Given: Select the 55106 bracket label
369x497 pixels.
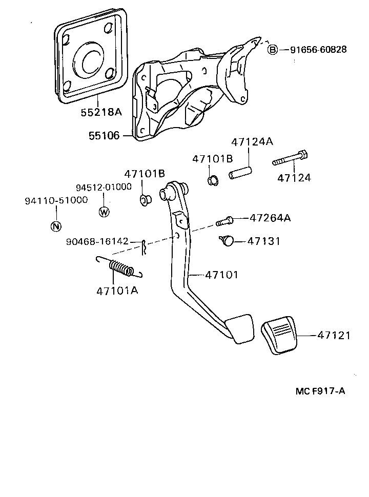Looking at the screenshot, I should coord(104,136).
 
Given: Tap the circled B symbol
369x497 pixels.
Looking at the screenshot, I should coord(273,50).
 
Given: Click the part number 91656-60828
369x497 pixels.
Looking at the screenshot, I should coord(318,50).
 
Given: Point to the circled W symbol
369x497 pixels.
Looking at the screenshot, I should coord(104,211).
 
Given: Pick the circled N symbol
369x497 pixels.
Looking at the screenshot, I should coord(56,226).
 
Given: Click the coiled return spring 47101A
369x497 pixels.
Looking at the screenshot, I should coord(121,267).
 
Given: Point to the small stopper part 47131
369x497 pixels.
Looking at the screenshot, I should coord(227,240).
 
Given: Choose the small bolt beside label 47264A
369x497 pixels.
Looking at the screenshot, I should coord(224,221).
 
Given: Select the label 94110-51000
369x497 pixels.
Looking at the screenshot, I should coord(56,200).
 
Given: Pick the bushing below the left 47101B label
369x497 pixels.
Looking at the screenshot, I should coord(145,199).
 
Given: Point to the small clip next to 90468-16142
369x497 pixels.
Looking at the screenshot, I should coord(145,245).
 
